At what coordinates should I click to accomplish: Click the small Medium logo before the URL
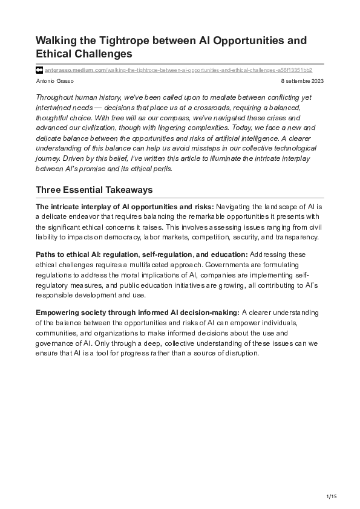click(x=39, y=71)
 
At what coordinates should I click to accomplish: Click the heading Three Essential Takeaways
click(x=94, y=190)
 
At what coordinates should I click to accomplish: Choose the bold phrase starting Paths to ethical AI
click(x=142, y=254)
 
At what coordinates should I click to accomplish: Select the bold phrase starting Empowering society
click(x=137, y=312)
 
